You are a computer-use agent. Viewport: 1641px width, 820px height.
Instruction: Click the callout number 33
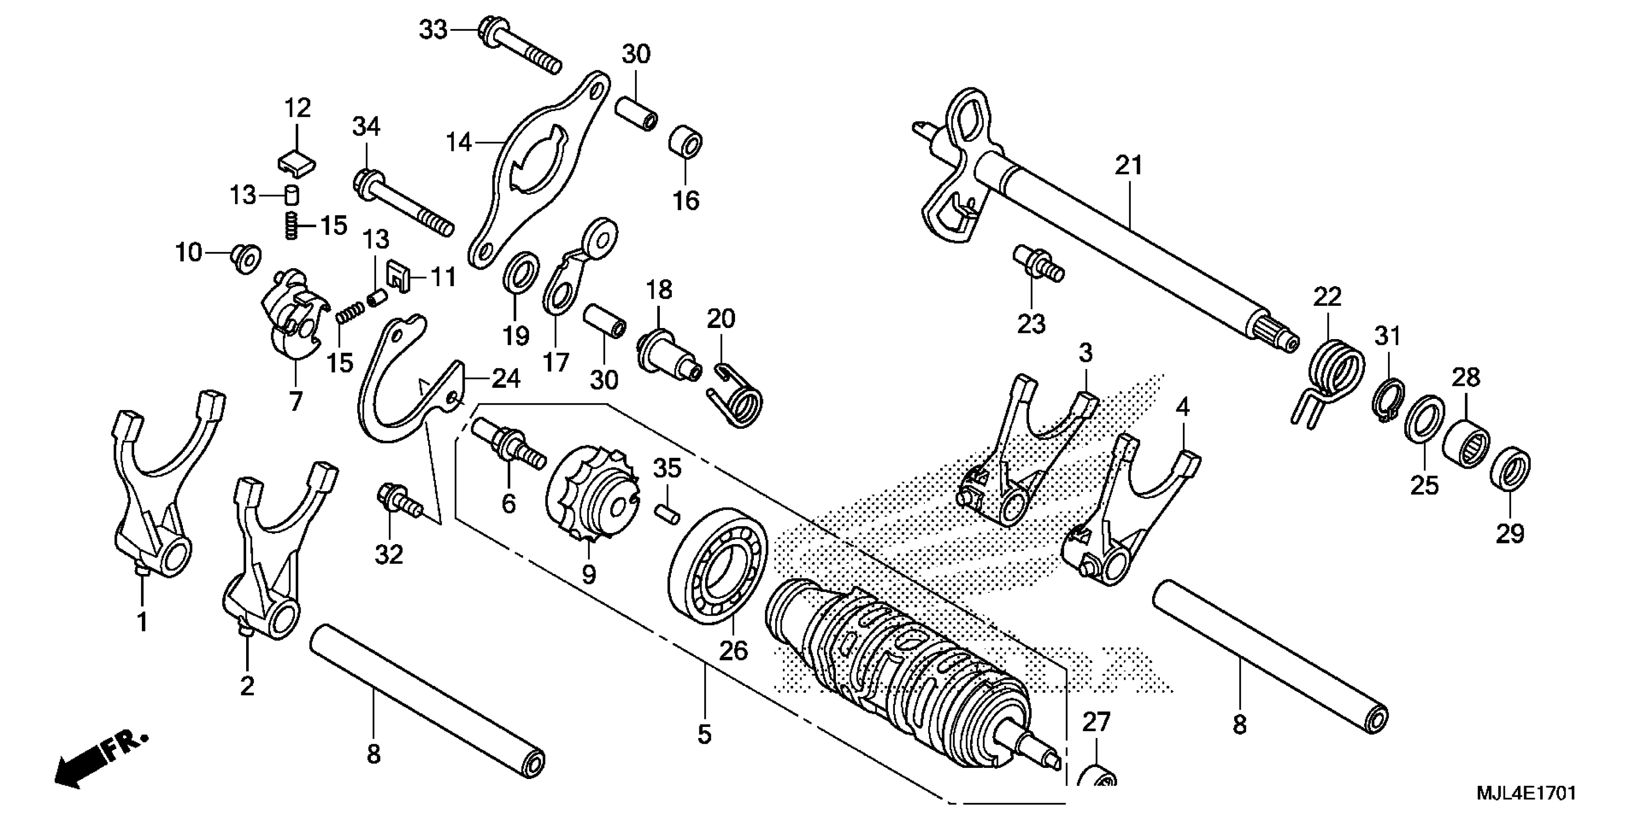pyautogui.click(x=433, y=30)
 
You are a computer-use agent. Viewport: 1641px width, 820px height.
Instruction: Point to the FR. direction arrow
pyautogui.click(x=102, y=761)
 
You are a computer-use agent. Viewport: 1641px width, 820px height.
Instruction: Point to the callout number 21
pyautogui.click(x=1129, y=165)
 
